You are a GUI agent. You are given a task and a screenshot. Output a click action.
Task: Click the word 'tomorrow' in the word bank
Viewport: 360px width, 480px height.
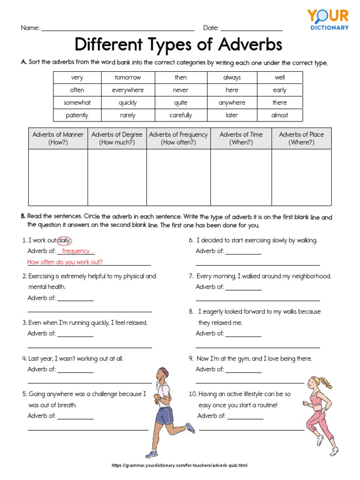(x=127, y=77)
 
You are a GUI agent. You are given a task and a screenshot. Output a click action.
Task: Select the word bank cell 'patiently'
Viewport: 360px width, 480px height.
(x=77, y=115)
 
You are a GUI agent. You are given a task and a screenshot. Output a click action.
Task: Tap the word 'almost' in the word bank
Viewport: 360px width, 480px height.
(x=279, y=115)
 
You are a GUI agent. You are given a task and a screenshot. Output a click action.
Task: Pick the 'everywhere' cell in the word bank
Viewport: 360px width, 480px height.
(x=127, y=90)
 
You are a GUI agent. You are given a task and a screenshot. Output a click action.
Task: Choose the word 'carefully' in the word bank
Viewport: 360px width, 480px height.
(x=180, y=115)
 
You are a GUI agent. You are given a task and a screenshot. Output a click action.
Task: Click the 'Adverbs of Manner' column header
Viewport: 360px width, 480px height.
(x=58, y=138)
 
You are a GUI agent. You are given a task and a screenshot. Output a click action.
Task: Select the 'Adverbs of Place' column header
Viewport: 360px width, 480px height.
(x=301, y=138)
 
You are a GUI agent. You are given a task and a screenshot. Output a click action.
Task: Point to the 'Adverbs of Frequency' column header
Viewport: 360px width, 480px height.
(x=178, y=138)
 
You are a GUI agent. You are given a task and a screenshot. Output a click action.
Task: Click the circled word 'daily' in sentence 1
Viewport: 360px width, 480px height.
(x=64, y=240)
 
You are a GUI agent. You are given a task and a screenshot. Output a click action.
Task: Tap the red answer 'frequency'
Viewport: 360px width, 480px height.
(x=75, y=251)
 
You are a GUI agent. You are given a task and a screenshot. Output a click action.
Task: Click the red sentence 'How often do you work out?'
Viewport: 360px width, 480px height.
(x=65, y=262)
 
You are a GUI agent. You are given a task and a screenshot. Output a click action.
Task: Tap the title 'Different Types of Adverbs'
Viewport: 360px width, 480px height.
(x=179, y=45)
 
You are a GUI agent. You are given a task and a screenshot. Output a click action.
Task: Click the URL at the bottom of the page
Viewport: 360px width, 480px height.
(x=179, y=465)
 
